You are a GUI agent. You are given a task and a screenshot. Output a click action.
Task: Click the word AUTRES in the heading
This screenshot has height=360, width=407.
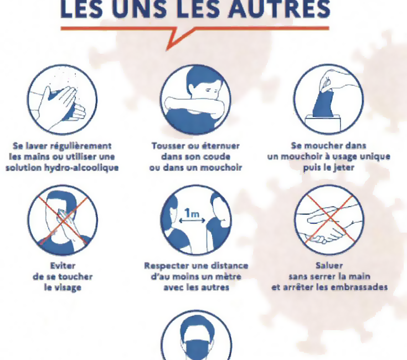click(280, 9)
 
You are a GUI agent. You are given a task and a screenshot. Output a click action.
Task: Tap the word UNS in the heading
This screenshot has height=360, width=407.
click(140, 9)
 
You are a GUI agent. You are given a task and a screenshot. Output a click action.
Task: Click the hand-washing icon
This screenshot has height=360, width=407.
click(62, 100)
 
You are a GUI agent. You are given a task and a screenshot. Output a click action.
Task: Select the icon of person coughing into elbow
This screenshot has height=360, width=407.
click(195, 100)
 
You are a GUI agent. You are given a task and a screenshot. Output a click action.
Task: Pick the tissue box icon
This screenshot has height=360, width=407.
click(328, 99)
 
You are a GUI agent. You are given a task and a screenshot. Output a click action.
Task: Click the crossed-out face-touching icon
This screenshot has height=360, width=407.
click(63, 220)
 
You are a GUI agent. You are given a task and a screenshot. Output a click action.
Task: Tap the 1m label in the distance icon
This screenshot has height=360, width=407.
click(192, 213)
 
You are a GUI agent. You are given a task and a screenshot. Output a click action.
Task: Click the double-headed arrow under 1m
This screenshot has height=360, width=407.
click(192, 221)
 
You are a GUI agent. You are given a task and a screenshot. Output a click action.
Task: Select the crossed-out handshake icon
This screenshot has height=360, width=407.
click(329, 220)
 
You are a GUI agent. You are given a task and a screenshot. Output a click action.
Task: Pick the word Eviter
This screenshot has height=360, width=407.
click(63, 265)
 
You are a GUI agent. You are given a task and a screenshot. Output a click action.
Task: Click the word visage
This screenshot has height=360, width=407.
click(66, 287)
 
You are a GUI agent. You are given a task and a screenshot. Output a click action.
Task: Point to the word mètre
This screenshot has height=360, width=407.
click(229, 276)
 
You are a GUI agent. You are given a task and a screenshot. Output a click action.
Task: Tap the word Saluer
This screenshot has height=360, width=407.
click(329, 265)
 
